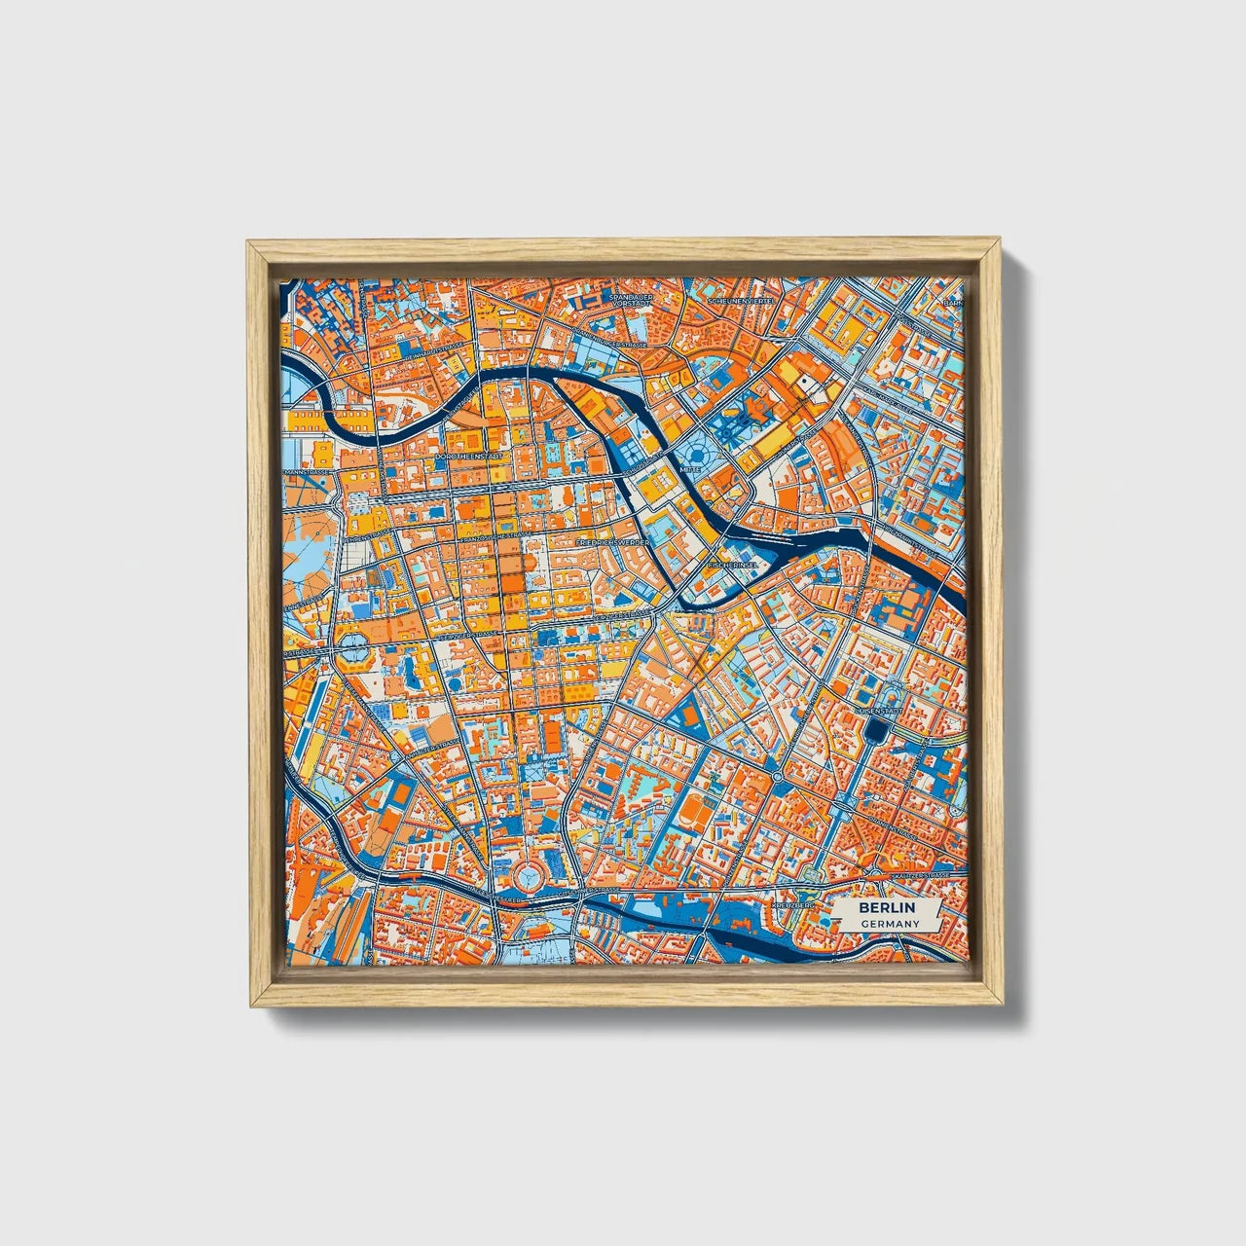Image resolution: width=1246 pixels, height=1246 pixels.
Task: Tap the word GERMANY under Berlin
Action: click(881, 923)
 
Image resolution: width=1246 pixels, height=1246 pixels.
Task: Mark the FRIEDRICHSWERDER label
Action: click(613, 541)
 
